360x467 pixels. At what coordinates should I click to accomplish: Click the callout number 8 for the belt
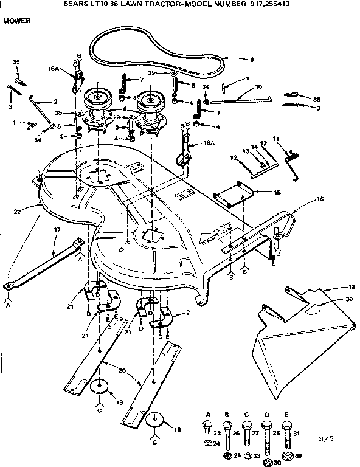(234, 60)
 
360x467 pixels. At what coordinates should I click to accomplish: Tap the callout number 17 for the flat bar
(57, 229)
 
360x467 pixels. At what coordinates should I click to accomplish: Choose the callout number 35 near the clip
(16, 62)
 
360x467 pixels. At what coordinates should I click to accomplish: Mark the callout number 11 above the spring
(275, 140)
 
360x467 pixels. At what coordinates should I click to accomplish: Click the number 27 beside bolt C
(255, 434)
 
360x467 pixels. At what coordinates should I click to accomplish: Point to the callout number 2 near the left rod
(55, 101)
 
